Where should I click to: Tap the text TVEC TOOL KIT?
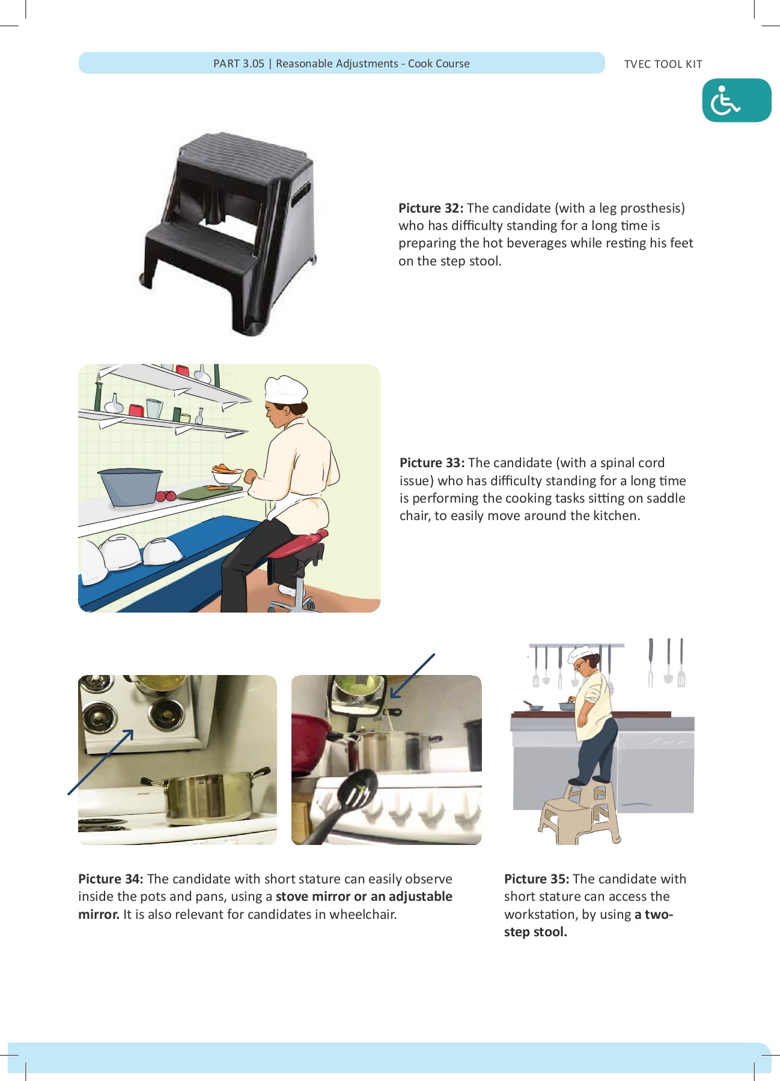pyautogui.click(x=663, y=64)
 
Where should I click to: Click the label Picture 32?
pyautogui.click(x=430, y=208)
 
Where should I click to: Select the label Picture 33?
pyautogui.click(x=431, y=463)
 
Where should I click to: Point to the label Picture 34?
pyautogui.click(x=111, y=879)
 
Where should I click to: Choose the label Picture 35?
pyautogui.click(x=536, y=879)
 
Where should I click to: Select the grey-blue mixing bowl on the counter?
pyautogui.click(x=130, y=486)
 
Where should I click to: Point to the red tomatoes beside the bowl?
pyautogui.click(x=166, y=496)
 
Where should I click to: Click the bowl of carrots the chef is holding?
pyautogui.click(x=227, y=476)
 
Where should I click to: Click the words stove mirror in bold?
pyautogui.click(x=312, y=897)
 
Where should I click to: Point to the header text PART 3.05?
pyautogui.click(x=239, y=64)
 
